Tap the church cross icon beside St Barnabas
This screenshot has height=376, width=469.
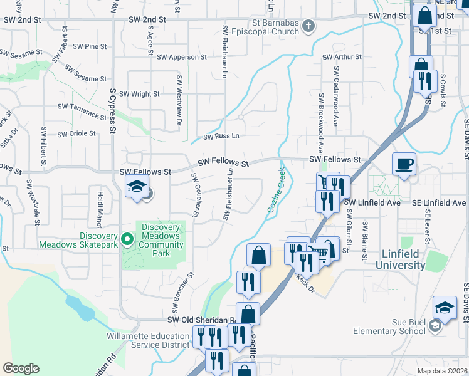(308, 26)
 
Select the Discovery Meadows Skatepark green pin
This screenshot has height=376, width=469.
(127, 239)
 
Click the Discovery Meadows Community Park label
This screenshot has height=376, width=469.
(161, 241)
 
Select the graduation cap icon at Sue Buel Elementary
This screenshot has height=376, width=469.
(445, 307)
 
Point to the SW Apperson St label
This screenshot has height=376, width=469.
(182, 57)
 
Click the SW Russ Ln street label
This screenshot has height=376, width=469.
(221, 136)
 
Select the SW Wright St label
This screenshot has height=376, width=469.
(139, 94)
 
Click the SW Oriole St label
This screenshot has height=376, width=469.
(76, 133)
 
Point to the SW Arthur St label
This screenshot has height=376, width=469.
(342, 57)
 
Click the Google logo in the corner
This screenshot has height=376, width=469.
(21, 368)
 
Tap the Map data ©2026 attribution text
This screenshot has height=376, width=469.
(442, 371)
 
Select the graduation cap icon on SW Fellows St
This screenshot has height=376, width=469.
(136, 186)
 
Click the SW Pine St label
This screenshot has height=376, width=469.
(90, 46)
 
